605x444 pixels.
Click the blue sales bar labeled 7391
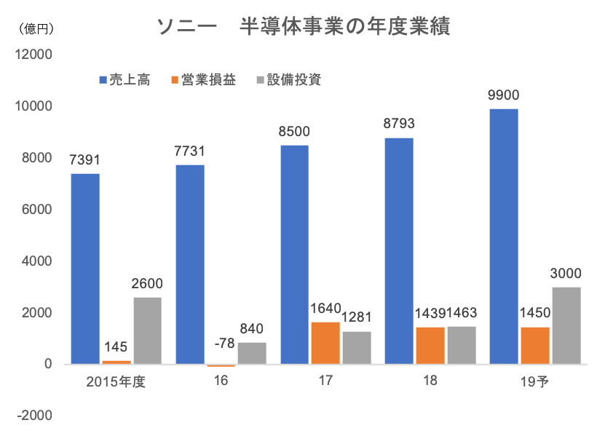click(85, 268)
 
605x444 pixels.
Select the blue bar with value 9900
click(503, 236)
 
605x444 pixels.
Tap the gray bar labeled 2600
click(148, 330)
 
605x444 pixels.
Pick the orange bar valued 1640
click(325, 342)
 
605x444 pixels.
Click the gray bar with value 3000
click(566, 325)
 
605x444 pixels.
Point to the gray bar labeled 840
click(252, 352)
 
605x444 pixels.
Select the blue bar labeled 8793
click(399, 250)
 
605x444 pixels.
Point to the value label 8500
click(294, 132)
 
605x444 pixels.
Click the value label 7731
click(189, 151)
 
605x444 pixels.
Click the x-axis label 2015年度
click(116, 381)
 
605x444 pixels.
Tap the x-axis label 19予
click(534, 381)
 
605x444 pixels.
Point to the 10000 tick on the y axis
click(33, 106)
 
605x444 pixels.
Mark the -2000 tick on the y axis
click(33, 415)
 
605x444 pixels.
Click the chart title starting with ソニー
click(302, 28)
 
